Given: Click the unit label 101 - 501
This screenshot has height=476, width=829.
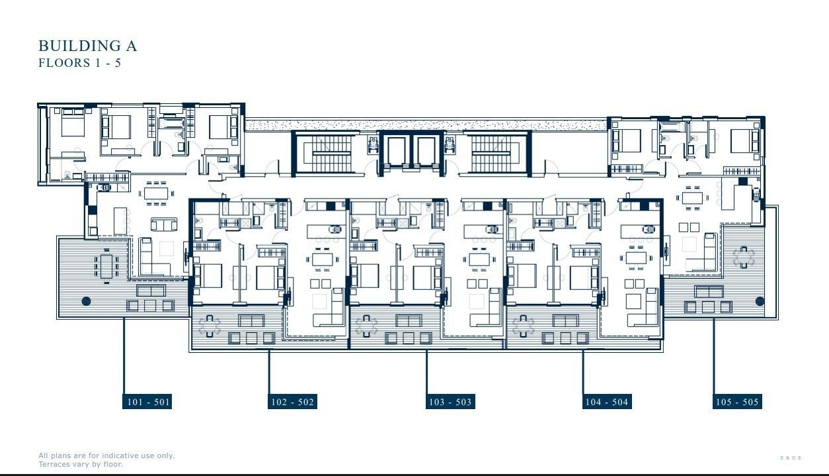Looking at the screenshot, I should pos(147,402).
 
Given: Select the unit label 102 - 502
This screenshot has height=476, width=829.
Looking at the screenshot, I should pos(292,402).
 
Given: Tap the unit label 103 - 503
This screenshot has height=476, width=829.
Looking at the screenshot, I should pos(450,402).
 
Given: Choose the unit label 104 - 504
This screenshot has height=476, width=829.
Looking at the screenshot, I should pos(606,402).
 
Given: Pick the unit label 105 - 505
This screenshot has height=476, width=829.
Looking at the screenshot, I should pos(737,402).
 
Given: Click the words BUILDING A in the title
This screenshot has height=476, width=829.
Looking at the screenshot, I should pos(87,46).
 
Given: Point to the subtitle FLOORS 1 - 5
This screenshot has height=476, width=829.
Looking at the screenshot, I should pos(79,64).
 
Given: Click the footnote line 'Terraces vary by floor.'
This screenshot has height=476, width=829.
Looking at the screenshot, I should pos(81,464).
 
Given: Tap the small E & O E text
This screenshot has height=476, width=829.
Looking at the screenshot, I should pos(791,458).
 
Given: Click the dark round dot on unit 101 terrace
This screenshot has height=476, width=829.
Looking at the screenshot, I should pos(86,301).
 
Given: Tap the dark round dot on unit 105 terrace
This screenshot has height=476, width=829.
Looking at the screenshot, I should pos(760,301).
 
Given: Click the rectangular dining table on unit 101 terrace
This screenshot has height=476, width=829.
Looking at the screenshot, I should pos(106,265).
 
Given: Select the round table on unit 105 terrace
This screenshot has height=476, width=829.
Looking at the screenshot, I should pos(744,256).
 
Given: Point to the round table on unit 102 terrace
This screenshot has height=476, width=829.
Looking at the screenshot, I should pos(210,325).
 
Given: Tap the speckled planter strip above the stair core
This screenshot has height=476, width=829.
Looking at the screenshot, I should pos(426,124).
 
